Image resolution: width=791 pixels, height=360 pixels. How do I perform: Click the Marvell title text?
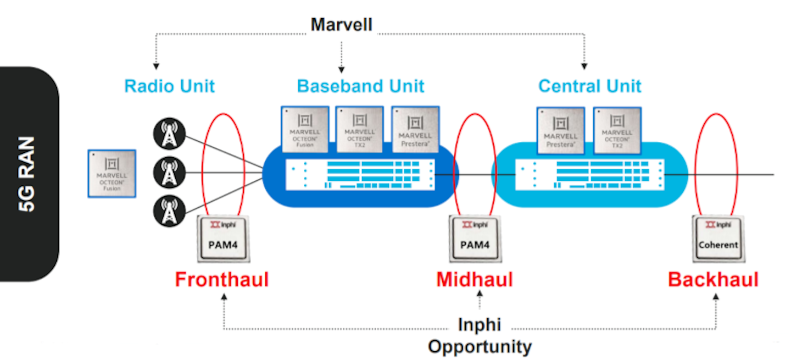click(341, 25)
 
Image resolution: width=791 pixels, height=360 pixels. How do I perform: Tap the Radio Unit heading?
click(169, 86)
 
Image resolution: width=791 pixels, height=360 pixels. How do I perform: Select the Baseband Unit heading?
click(360, 86)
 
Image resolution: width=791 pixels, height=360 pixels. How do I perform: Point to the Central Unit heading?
click(589, 86)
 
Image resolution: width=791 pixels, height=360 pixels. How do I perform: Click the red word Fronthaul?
click(221, 280)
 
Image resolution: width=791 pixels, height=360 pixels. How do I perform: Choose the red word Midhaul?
click(475, 280)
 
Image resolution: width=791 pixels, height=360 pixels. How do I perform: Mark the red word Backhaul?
click(713, 280)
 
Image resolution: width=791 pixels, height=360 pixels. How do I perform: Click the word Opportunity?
click(480, 347)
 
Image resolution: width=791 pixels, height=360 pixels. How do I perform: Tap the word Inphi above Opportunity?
click(480, 325)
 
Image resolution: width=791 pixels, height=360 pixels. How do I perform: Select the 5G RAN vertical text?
click(27, 174)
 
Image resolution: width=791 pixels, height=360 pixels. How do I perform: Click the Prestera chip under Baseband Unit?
click(415, 129)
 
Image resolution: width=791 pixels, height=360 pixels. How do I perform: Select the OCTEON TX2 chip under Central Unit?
click(617, 129)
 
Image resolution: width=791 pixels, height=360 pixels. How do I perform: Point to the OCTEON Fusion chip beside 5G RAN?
click(112, 173)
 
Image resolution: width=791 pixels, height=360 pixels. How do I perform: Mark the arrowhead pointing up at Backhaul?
click(716, 297)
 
